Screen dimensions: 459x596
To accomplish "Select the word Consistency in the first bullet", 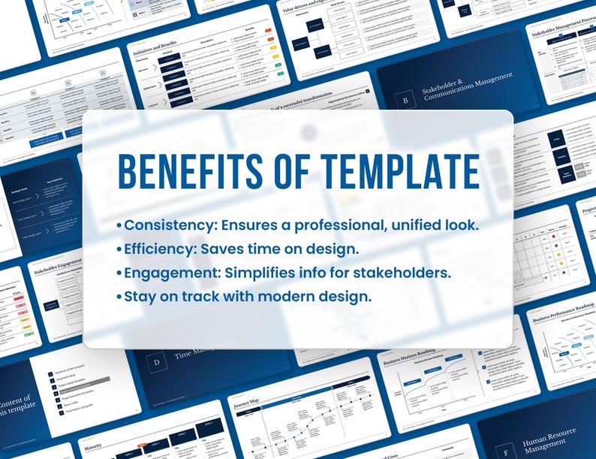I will point(167,225).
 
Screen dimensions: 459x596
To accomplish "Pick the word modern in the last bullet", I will point(290,295).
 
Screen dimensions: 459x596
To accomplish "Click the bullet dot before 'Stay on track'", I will point(119,296).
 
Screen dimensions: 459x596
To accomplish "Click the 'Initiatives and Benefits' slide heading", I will point(157,49).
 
